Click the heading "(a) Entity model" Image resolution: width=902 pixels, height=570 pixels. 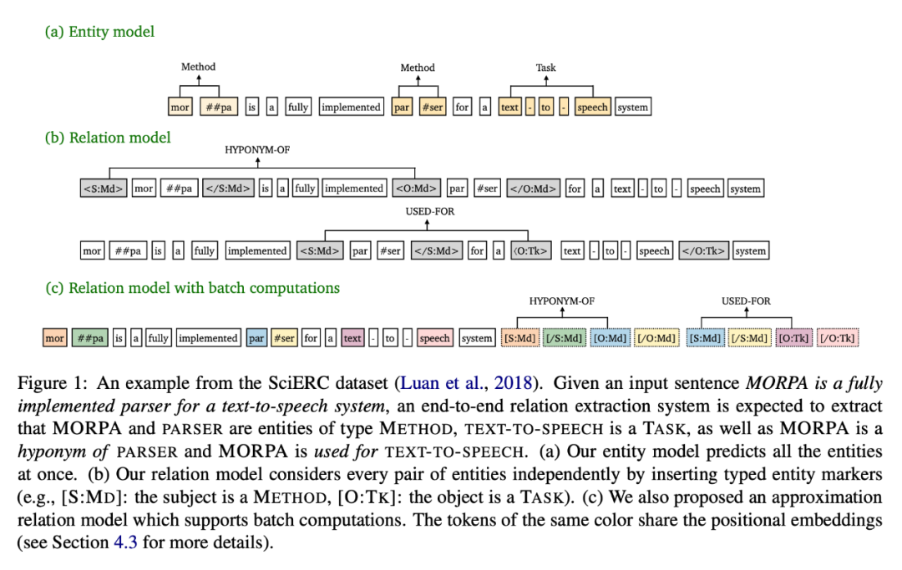tap(99, 32)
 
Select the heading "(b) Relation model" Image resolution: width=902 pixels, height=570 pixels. tap(108, 137)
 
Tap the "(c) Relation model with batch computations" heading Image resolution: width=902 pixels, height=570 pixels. tap(192, 288)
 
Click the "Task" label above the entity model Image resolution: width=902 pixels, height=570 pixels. tap(545, 68)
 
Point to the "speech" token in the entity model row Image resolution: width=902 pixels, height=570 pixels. tap(592, 107)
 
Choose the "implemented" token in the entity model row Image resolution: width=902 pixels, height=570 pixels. tap(351, 107)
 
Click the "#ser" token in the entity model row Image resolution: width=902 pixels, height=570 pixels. tap(433, 107)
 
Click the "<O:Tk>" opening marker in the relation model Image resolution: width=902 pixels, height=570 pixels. tap(531, 250)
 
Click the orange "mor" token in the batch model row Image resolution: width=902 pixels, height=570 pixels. tap(55, 338)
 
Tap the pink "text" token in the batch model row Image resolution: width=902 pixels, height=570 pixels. tap(352, 338)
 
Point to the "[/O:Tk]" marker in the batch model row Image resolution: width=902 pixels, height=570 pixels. tap(838, 338)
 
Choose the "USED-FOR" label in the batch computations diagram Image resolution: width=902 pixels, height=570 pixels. tap(746, 300)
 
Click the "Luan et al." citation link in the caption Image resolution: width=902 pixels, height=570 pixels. tap(439, 383)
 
